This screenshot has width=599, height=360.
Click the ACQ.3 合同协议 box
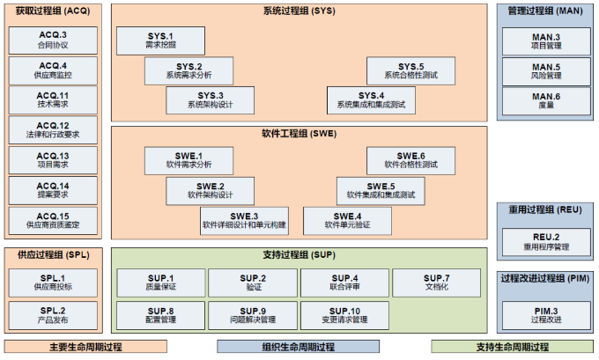[53, 40]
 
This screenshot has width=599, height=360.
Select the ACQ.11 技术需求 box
[53, 100]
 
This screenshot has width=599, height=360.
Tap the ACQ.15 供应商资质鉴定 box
[53, 220]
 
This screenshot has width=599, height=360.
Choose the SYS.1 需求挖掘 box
[159, 40]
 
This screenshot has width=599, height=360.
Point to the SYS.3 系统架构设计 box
[211, 100]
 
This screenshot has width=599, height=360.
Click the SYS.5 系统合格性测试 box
[410, 70]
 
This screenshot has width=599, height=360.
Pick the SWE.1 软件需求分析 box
[189, 160]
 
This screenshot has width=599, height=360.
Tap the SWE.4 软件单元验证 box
[347, 220]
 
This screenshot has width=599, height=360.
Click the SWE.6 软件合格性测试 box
[410, 160]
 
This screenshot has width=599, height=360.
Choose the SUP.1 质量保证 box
[159, 283]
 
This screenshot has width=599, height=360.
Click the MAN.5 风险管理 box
[545, 70]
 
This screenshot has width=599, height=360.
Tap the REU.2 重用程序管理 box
[545, 241]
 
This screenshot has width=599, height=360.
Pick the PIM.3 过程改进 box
[545, 313]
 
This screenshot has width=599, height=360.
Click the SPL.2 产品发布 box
[53, 313]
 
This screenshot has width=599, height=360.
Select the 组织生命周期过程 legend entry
[299, 347]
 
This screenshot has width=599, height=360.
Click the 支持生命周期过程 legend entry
[509, 347]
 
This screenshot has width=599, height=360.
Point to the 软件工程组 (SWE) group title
[299, 134]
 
